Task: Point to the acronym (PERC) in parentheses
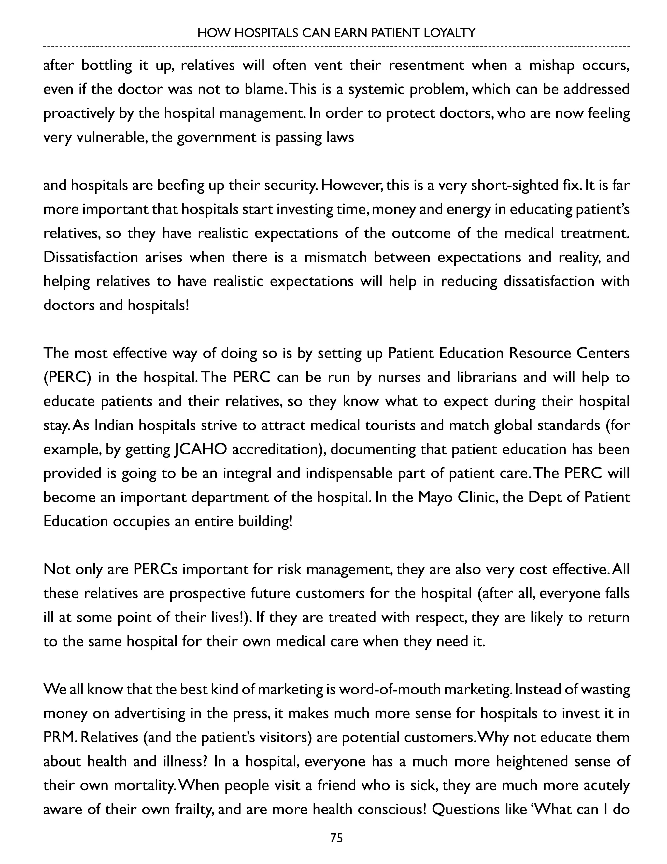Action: point(67,378)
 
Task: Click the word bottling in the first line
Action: point(106,65)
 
